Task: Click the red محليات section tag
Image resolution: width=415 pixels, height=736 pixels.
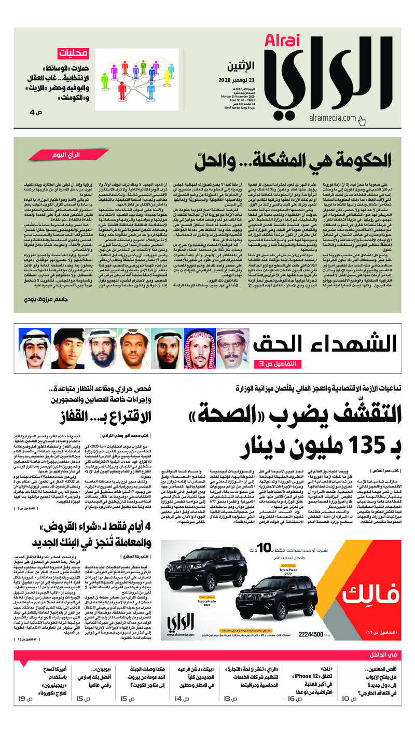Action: (71, 53)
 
